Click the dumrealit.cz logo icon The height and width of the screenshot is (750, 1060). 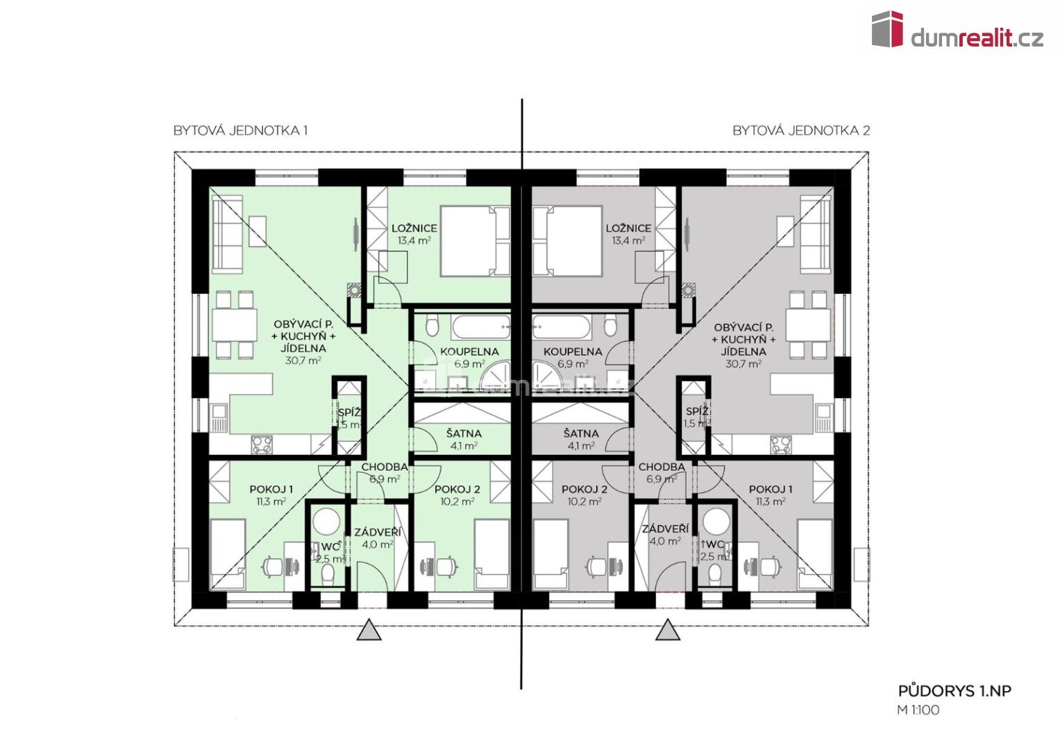887,29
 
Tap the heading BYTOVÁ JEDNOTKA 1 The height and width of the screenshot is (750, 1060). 240,131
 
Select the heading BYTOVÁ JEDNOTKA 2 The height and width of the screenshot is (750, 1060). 800,131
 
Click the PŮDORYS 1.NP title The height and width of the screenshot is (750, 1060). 954,691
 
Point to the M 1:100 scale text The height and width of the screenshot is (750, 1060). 918,710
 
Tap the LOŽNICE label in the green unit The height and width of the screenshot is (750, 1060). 414,228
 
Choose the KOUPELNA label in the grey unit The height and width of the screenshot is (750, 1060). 573,351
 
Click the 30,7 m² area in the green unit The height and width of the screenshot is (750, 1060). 303,360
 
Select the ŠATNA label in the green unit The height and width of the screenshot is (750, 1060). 464,433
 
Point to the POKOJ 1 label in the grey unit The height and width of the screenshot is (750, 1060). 771,490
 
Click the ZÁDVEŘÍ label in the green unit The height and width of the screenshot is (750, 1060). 377,532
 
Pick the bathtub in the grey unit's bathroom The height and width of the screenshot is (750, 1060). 562,326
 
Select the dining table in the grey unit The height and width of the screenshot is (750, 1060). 809,324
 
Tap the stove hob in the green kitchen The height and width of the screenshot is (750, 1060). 262,444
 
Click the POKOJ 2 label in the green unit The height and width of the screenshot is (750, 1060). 457,490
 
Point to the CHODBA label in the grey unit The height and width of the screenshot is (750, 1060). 662,467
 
